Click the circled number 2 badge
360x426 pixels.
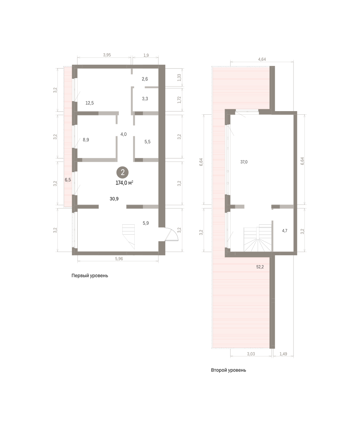point(123,173)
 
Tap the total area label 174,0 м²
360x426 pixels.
point(124,183)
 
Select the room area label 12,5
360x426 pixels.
point(90,103)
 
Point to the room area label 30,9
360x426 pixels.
point(114,199)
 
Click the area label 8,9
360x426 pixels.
point(86,140)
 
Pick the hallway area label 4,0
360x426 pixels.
point(123,134)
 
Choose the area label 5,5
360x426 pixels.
point(147,142)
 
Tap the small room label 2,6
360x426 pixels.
point(145,79)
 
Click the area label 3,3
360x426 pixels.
point(145,99)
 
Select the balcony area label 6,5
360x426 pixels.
point(68,180)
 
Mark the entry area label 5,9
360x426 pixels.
point(146,223)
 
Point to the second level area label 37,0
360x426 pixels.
point(244,162)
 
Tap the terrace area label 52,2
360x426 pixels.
point(260,267)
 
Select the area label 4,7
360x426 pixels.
point(285,231)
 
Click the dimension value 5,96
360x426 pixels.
point(119,259)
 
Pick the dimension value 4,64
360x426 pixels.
point(262,59)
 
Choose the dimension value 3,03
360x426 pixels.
point(251,354)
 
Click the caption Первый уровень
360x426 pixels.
point(90,275)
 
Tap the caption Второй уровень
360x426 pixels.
point(229,370)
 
